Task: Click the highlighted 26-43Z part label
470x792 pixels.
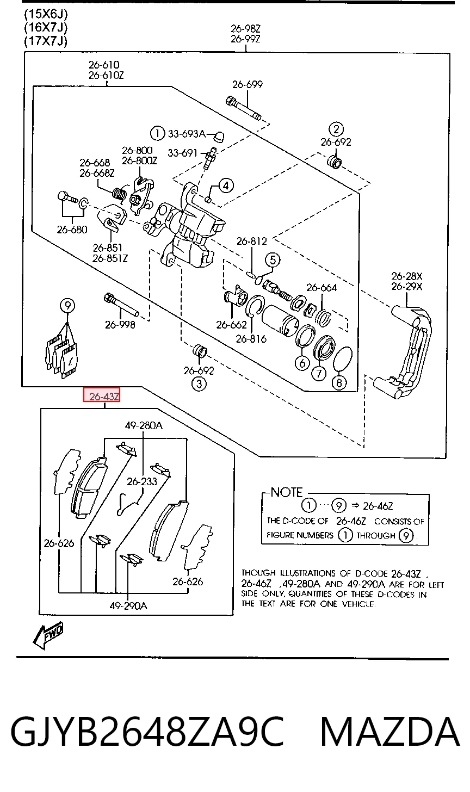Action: pyautogui.click(x=102, y=395)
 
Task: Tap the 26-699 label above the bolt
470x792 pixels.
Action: pyautogui.click(x=248, y=84)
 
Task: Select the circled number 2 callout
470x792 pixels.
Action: pyautogui.click(x=336, y=129)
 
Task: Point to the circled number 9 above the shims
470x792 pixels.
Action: pyautogui.click(x=67, y=305)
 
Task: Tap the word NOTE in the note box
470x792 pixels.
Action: pyautogui.click(x=287, y=492)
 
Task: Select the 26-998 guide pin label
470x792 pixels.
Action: pyautogui.click(x=120, y=324)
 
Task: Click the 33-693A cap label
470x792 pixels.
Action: pyautogui.click(x=187, y=134)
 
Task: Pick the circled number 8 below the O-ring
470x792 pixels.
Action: pyautogui.click(x=339, y=382)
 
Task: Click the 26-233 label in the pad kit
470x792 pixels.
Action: pyautogui.click(x=142, y=481)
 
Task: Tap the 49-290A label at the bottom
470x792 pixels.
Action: pyautogui.click(x=128, y=605)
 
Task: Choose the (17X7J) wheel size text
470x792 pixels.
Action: pyautogui.click(x=46, y=41)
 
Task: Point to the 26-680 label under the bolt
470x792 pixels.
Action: pyautogui.click(x=72, y=230)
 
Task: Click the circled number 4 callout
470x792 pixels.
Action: pyautogui.click(x=226, y=185)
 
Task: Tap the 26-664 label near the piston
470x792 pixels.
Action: pyautogui.click(x=322, y=287)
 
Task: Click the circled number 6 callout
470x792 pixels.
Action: pyautogui.click(x=302, y=363)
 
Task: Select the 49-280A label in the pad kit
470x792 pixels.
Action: pyautogui.click(x=144, y=425)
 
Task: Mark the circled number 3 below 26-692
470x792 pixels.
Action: pyautogui.click(x=199, y=383)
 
